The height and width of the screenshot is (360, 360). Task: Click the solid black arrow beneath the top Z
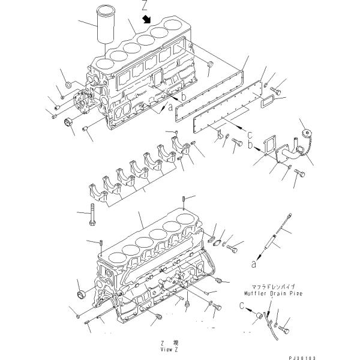pyautogui.click(x=145, y=19)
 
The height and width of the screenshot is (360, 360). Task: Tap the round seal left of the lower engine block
pyautogui.click(x=79, y=293)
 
